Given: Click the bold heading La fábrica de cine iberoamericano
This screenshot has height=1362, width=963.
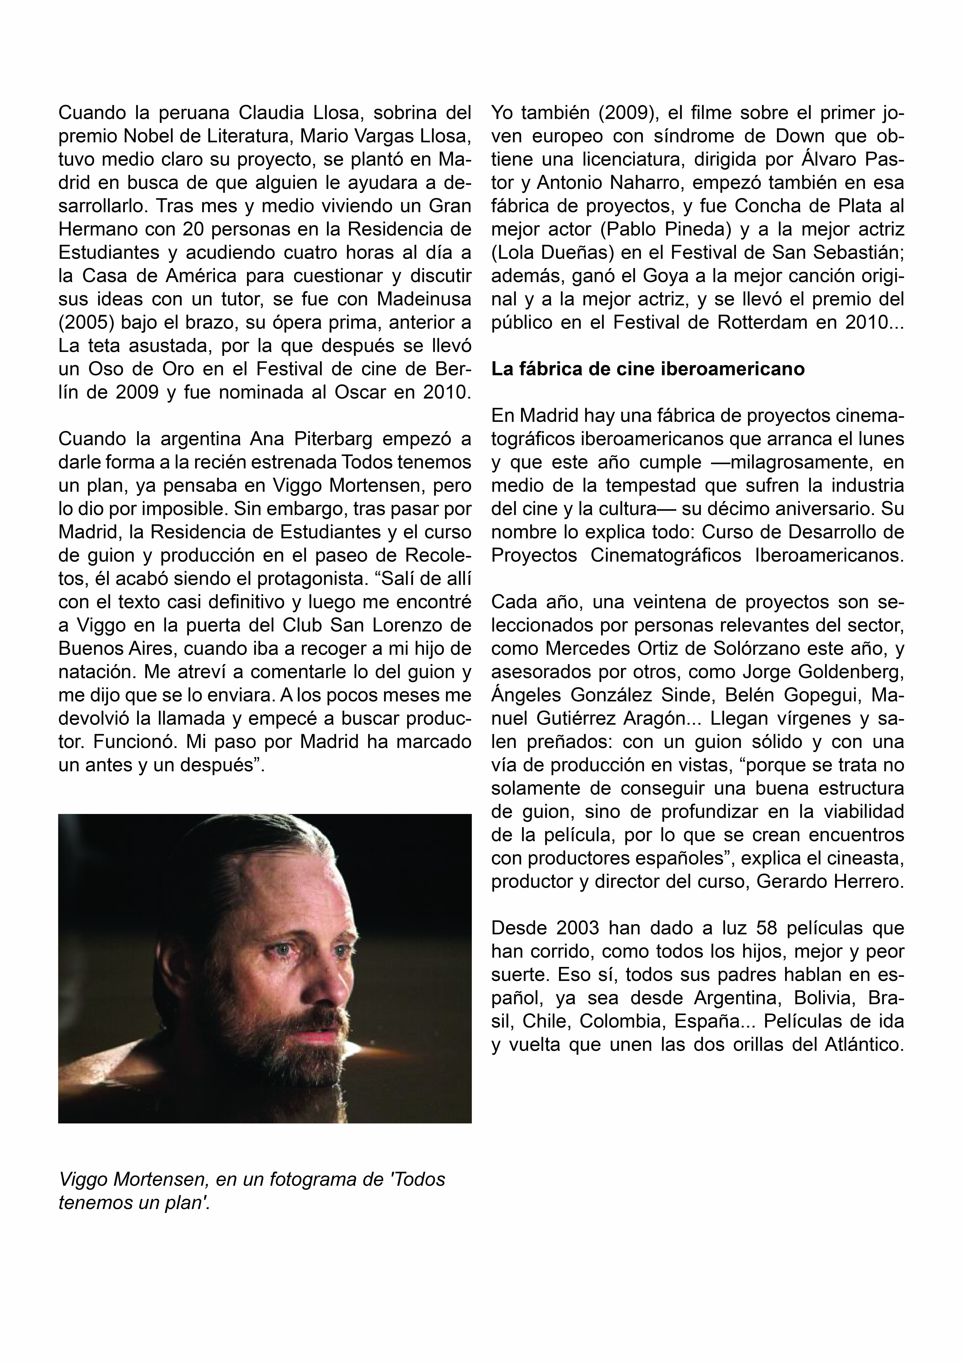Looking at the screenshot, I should pos(648,369).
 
